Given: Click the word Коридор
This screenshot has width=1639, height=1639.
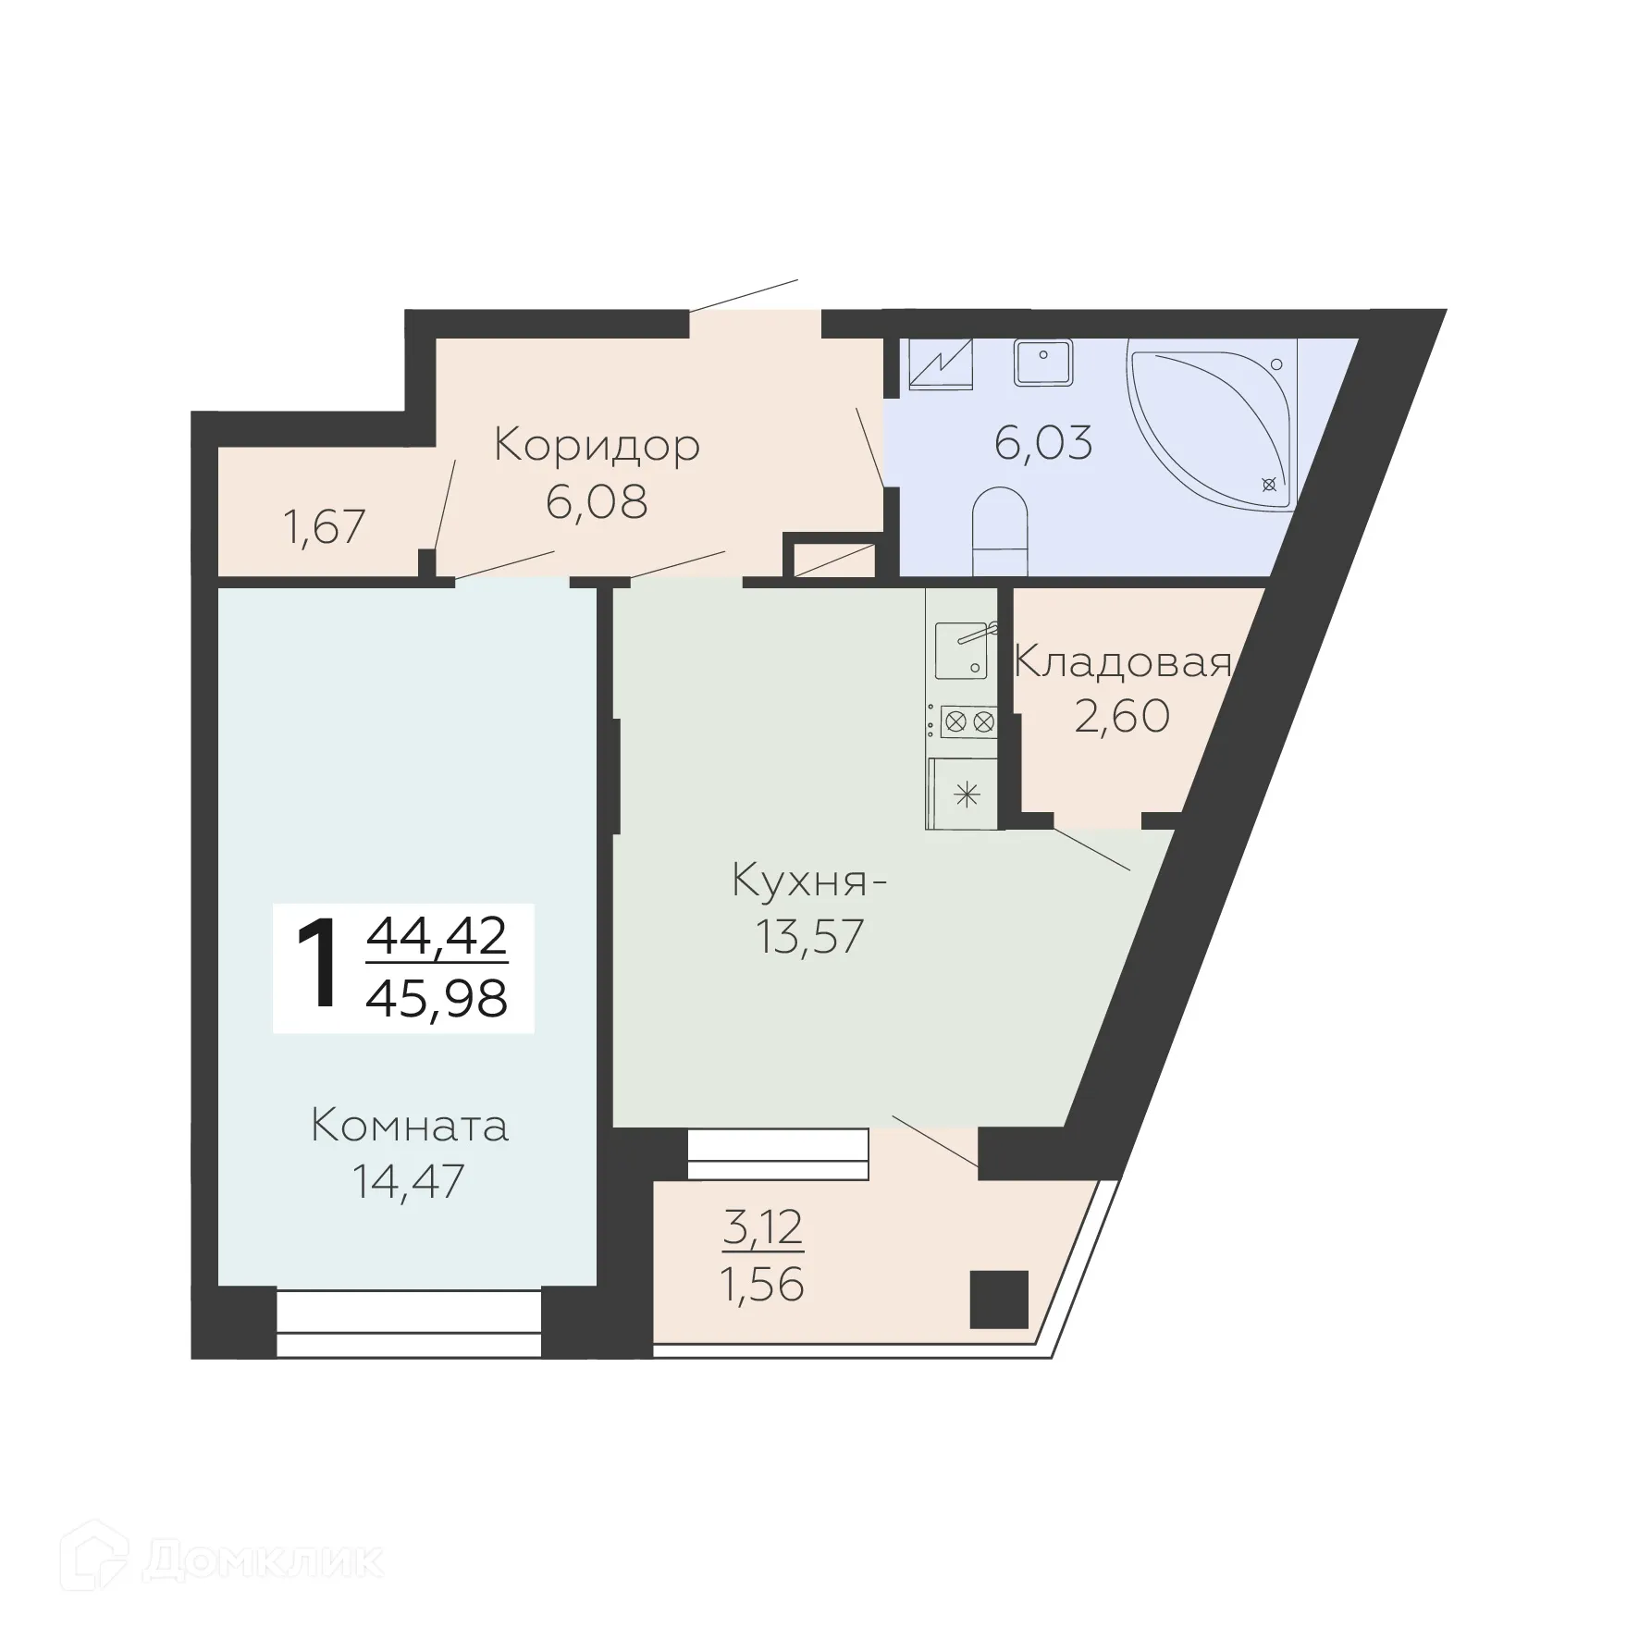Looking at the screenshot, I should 597,446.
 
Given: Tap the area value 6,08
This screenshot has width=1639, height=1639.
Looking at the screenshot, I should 597,502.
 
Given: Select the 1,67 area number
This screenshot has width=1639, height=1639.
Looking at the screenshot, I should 325,527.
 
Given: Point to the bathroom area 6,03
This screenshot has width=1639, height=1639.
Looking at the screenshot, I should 1043,443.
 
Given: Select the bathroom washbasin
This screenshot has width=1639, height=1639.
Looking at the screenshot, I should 1043,362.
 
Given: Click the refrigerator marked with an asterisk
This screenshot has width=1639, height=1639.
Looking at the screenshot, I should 966,794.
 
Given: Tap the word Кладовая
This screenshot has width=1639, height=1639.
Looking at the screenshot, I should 1123,663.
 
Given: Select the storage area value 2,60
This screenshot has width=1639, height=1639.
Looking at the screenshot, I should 1122,716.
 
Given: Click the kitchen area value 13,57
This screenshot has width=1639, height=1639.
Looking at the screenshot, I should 809,936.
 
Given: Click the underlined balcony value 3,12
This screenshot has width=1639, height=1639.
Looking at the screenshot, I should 763,1227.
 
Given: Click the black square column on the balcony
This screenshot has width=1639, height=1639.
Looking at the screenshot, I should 999,1300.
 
